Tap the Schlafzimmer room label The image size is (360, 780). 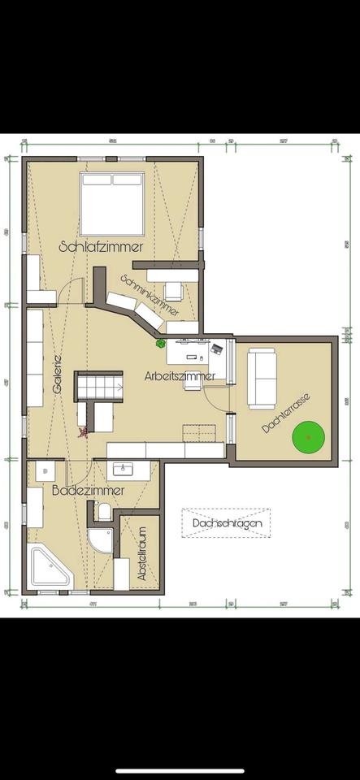102,245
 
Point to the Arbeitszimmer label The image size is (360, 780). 180,376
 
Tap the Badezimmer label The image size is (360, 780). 88,491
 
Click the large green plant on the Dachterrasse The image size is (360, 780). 309,437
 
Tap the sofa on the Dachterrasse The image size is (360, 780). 262,378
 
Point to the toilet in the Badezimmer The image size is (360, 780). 103,511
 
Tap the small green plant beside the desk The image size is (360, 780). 161,344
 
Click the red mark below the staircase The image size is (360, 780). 81,434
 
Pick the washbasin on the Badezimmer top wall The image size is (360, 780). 124,469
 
